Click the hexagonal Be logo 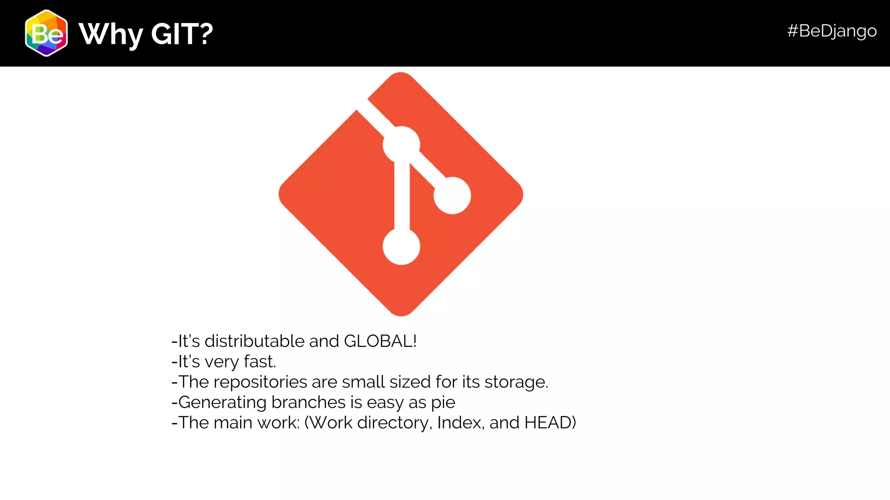pos(46,33)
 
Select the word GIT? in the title pos(182,34)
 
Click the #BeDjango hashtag pos(832,31)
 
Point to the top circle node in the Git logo pos(401,145)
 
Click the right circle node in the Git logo pos(452,195)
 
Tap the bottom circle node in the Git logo pos(401,246)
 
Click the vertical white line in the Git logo pos(402,195)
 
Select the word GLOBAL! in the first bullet pos(380,341)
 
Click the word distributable pos(255,341)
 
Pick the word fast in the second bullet pos(259,362)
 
